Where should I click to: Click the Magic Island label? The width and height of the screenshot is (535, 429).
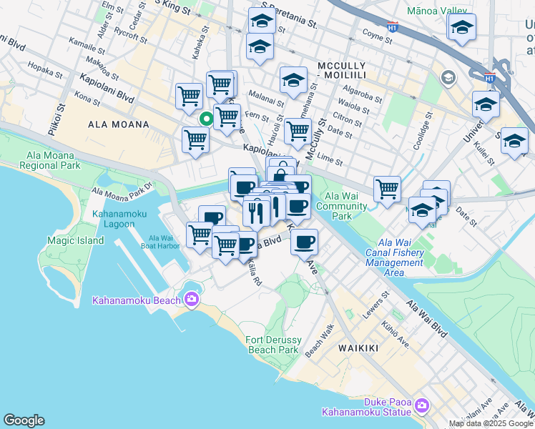75,241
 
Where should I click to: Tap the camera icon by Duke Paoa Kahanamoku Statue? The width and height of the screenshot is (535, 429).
421,405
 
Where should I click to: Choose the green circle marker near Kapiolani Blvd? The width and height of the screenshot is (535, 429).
206,119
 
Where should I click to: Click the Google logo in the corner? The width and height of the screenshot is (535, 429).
24,420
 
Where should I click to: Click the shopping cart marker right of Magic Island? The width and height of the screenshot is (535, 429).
200,234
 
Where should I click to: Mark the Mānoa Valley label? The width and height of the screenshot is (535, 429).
436,11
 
